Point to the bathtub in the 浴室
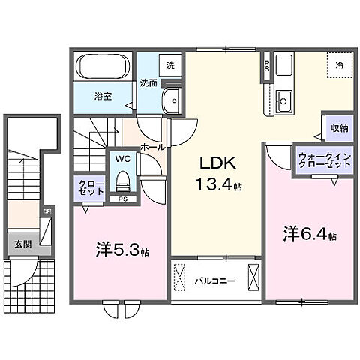point(104,69)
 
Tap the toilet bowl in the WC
point(122,180)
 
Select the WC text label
point(121,159)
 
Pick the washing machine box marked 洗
point(169,65)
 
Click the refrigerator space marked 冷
point(339,65)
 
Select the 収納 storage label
point(339,128)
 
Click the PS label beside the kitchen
point(266,64)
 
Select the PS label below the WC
point(121,199)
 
